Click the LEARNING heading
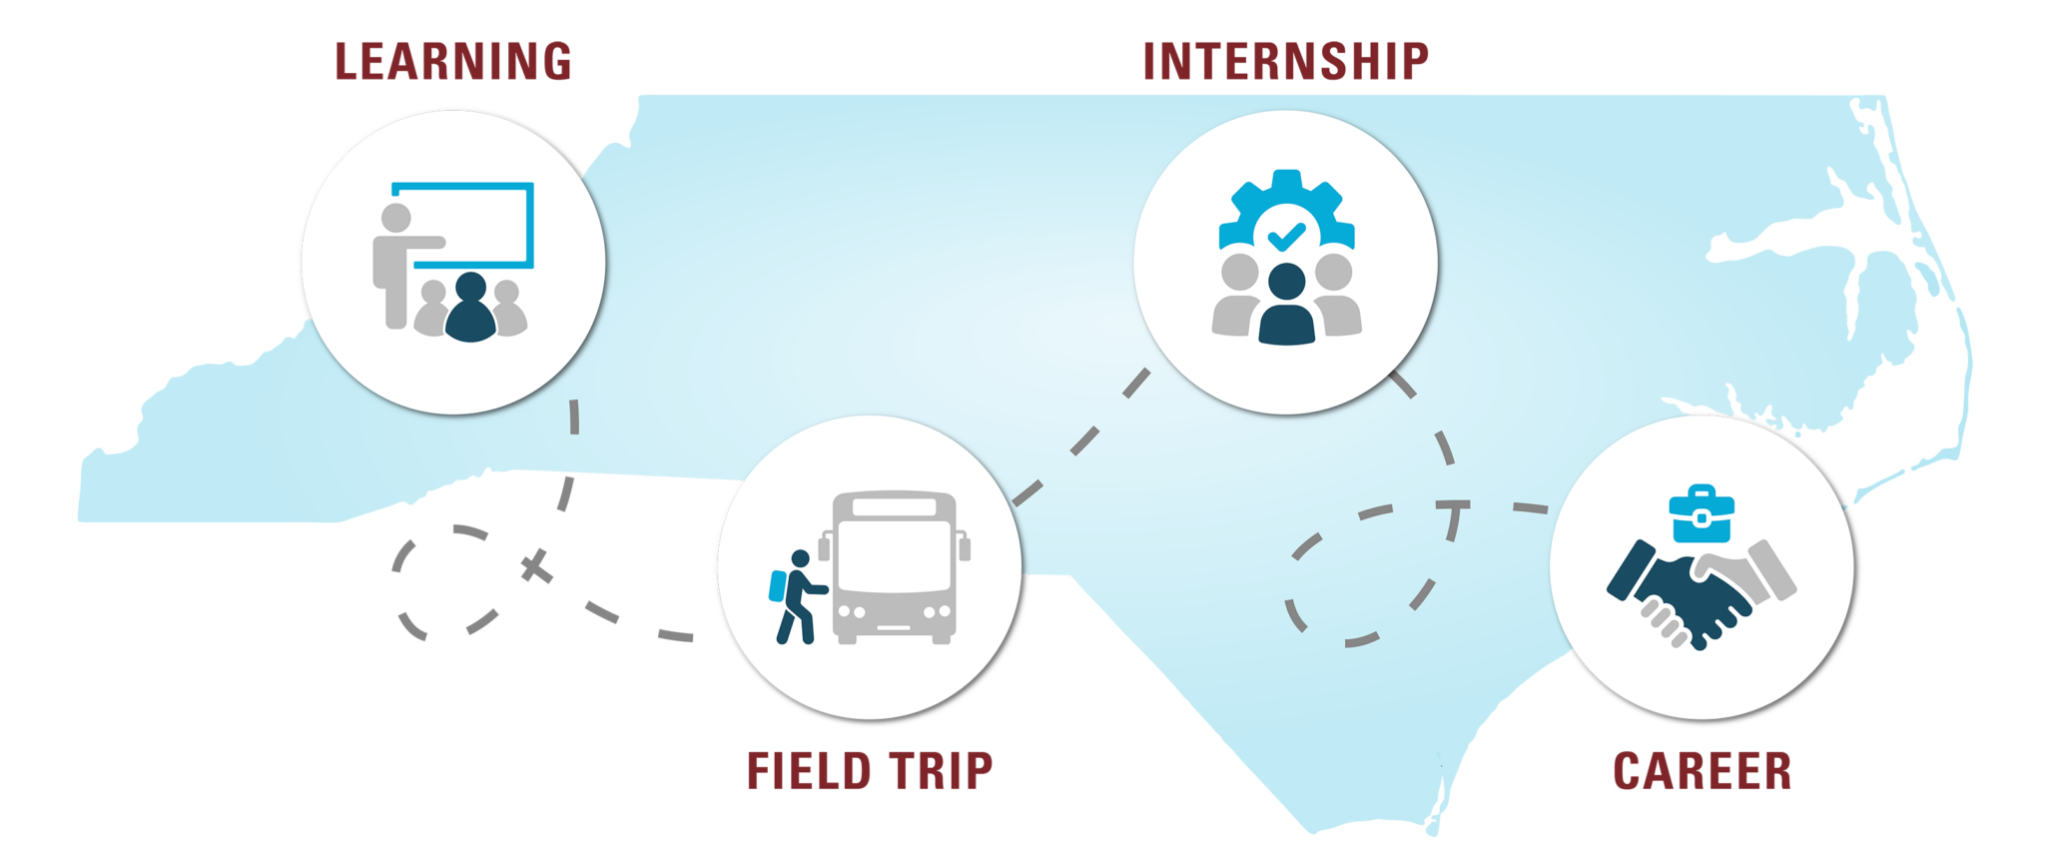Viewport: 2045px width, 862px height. pos(453,61)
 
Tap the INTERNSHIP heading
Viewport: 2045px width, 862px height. pos(1285,61)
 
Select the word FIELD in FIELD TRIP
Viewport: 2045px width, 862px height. pos(807,772)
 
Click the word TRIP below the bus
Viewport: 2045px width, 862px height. pos(939,772)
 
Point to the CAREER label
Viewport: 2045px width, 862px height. pos(1702,772)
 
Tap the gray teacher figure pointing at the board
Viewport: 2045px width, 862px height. pos(396,262)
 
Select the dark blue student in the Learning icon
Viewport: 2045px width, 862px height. pos(469,310)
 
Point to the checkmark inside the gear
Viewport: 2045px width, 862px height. pos(1286,237)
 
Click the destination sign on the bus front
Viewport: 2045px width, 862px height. pos(894,506)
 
